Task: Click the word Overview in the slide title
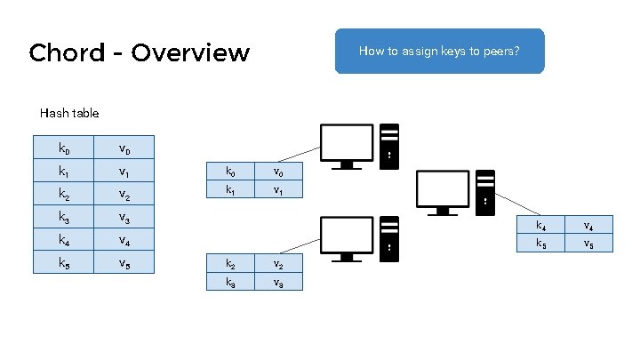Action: coord(190,52)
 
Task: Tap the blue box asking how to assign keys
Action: coord(438,51)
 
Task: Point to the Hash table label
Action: coord(69,113)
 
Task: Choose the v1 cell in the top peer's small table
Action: coord(278,190)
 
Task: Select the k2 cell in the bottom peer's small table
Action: coord(230,264)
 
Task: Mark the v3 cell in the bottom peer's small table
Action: coord(278,283)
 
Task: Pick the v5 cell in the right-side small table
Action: coord(588,244)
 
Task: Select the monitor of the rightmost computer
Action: coord(442,189)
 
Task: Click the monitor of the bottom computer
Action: coord(346,236)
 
